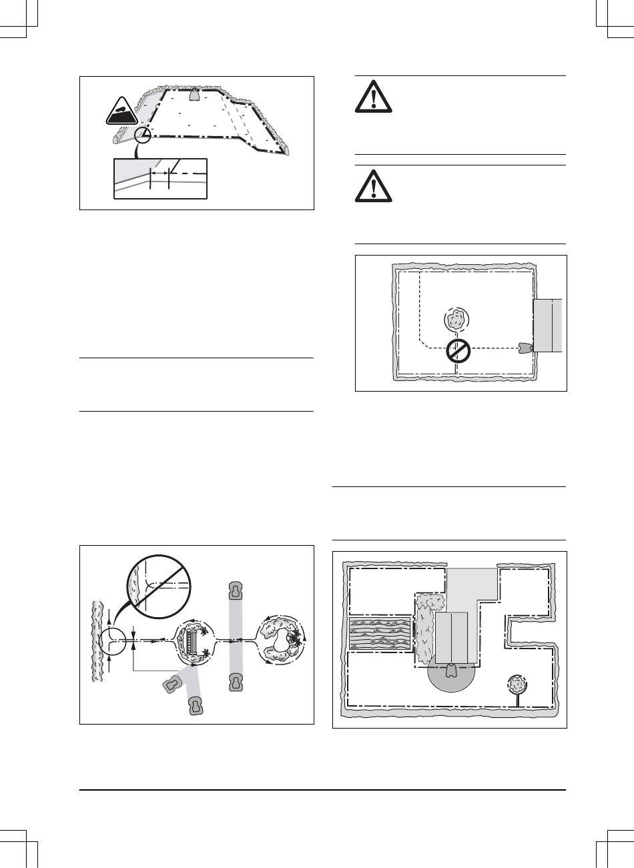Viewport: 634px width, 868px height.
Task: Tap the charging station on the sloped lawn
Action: (x=195, y=94)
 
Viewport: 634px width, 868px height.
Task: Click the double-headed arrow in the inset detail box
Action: (x=160, y=173)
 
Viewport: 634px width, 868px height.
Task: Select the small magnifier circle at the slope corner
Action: (x=142, y=137)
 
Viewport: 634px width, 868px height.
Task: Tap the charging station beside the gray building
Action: (x=525, y=348)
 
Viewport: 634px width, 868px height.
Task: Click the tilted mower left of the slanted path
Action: (x=173, y=684)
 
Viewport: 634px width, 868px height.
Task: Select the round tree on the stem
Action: (x=517, y=686)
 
